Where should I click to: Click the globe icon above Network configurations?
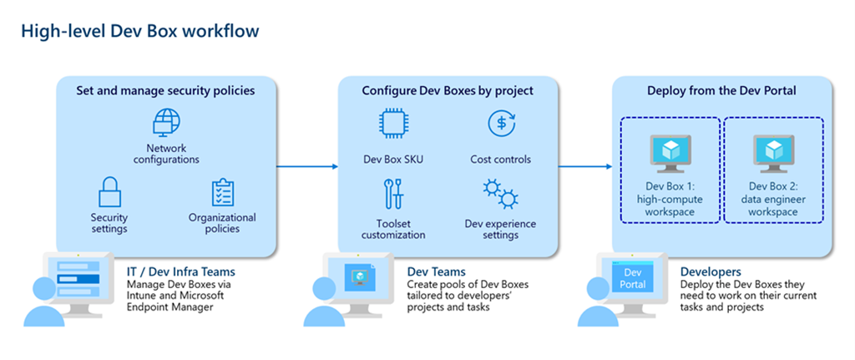(166, 123)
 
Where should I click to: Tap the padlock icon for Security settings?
(109, 191)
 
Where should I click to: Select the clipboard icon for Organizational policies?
(222, 192)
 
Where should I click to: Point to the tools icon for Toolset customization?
(392, 194)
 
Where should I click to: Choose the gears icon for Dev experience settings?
(500, 195)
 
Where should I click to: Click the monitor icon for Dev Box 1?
(670, 153)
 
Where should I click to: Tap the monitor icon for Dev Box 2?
(772, 153)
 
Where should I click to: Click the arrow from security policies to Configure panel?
(306, 166)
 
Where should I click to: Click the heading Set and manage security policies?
(165, 90)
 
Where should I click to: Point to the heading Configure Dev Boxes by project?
(447, 90)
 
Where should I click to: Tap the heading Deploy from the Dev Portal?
(721, 90)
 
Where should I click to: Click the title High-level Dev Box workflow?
(139, 31)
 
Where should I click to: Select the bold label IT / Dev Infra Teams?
(180, 271)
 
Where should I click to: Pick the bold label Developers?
(711, 271)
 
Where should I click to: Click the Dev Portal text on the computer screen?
(633, 279)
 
